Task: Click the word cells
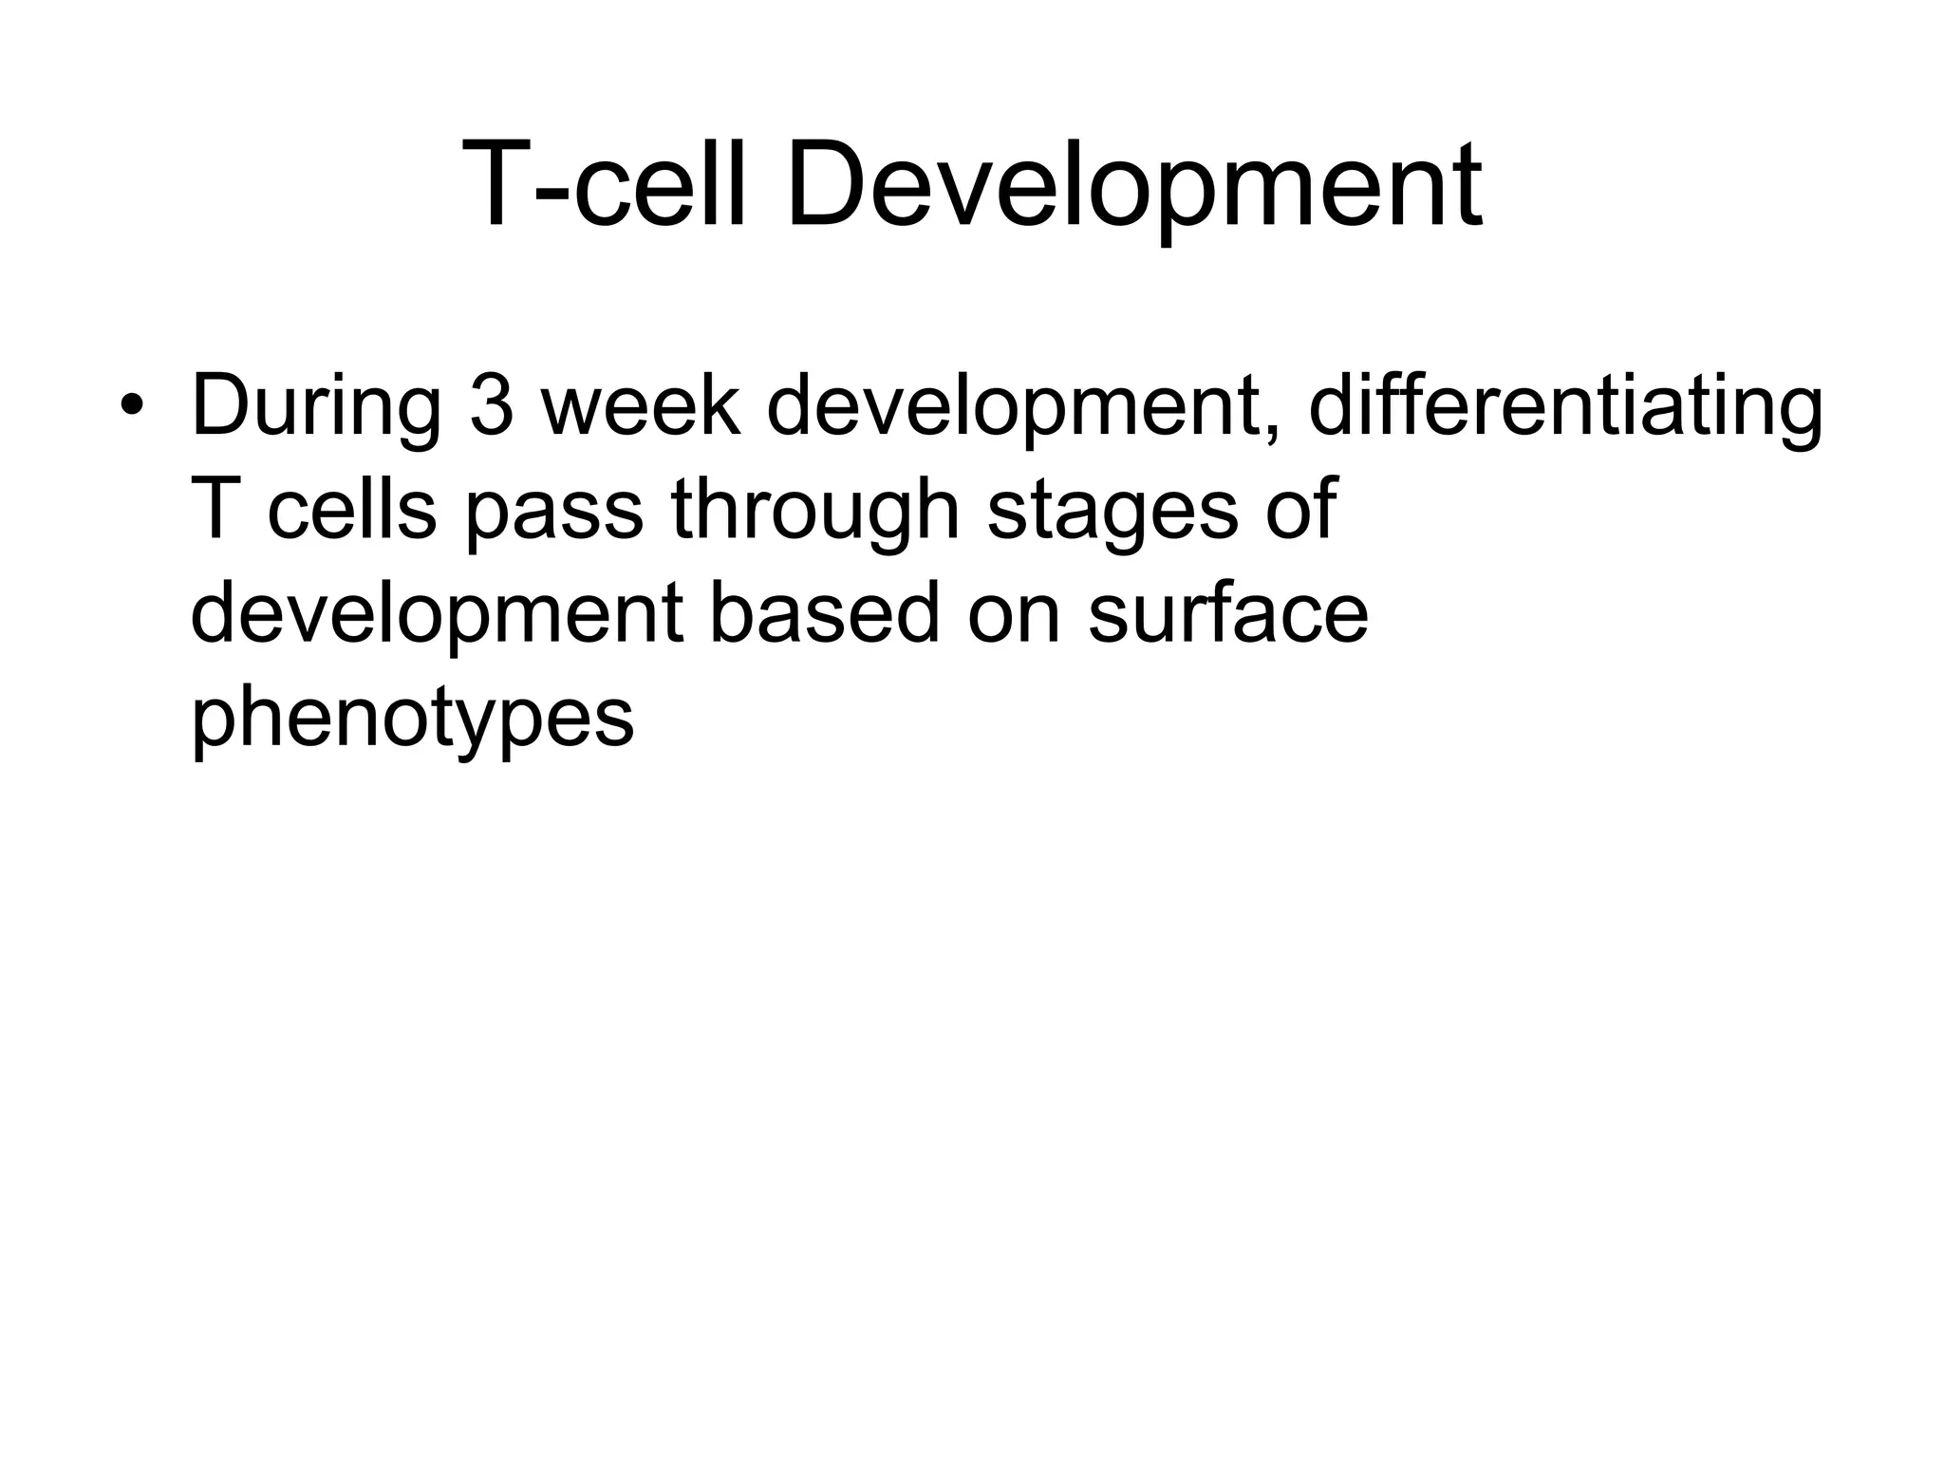tap(351, 509)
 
